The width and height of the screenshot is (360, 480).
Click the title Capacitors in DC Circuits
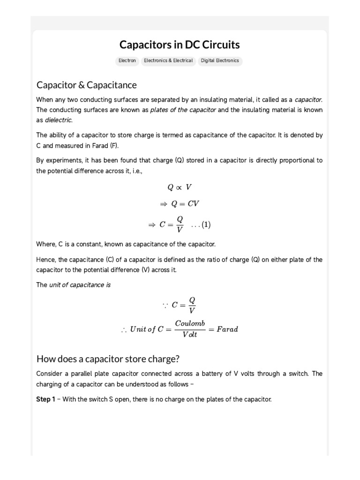click(x=180, y=45)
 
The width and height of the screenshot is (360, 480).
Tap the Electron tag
click(x=127, y=60)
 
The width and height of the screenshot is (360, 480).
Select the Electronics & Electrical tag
click(x=168, y=60)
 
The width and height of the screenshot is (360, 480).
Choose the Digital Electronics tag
click(x=220, y=60)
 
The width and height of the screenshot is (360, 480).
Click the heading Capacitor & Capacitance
click(x=87, y=85)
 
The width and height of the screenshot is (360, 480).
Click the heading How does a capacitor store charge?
click(x=108, y=359)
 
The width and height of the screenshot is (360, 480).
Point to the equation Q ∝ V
click(x=180, y=187)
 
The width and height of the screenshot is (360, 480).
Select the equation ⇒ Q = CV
click(x=180, y=204)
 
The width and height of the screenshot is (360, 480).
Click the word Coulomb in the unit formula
click(x=190, y=323)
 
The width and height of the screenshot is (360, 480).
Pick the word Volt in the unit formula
click(x=190, y=335)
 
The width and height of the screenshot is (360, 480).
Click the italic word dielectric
click(x=59, y=120)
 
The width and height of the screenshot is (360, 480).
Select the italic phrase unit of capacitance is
click(x=80, y=285)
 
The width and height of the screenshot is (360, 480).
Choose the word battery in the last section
click(x=225, y=374)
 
